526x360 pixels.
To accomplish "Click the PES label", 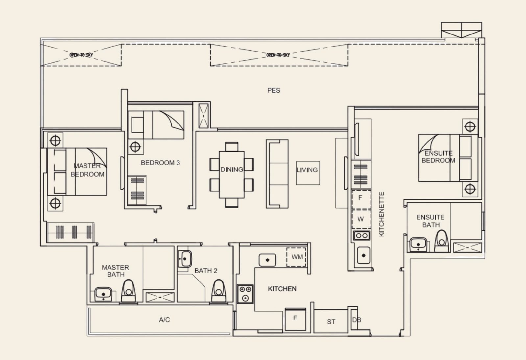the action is [274, 90].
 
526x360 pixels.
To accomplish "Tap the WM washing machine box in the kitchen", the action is [296, 257].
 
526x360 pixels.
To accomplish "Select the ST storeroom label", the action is [331, 322].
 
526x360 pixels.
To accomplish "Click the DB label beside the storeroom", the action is [357, 320].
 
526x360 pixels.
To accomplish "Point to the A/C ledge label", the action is [164, 320].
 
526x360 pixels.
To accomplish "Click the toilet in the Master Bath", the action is [129, 291].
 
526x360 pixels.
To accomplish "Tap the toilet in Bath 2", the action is [219, 291].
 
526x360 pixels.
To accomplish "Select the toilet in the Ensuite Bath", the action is [442, 241].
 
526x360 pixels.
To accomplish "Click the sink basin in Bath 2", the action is [184, 259].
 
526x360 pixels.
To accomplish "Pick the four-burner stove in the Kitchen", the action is [245, 294].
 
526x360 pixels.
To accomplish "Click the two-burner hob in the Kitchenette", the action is [362, 236].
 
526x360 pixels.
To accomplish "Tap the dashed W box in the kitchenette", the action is [361, 219].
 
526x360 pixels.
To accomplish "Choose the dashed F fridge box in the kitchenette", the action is [361, 199].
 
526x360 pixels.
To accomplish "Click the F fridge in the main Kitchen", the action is [296, 319].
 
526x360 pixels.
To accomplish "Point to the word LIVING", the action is [307, 170].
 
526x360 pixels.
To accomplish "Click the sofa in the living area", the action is [277, 174].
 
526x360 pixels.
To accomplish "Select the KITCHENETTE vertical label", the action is [382, 214].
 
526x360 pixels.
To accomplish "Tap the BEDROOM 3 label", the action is [160, 163].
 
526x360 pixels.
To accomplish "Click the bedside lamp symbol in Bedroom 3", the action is [135, 147].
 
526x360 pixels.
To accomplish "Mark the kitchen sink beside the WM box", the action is [268, 260].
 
